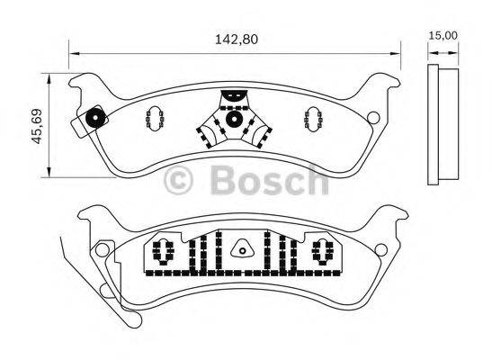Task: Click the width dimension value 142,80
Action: tap(231, 39)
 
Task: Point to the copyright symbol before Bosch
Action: tap(179, 183)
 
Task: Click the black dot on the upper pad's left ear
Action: tap(95, 117)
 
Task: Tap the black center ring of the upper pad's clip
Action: tap(233, 118)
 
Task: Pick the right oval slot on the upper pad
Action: tap(314, 117)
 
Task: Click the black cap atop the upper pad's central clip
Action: tap(233, 93)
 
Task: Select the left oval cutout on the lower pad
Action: tap(164, 251)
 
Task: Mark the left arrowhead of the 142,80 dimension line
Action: tap(73, 51)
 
